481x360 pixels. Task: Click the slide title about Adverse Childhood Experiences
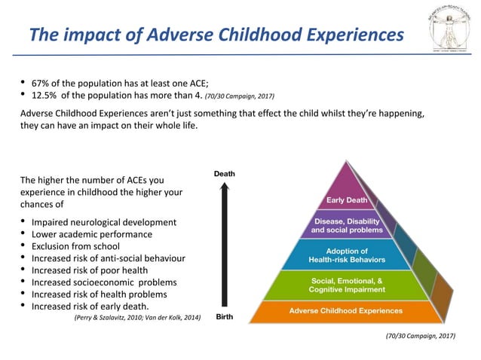pyautogui.click(x=215, y=35)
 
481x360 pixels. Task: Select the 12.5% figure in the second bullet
pyautogui.click(x=44, y=96)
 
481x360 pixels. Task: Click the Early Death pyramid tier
pyautogui.click(x=347, y=200)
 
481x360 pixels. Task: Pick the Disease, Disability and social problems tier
pyautogui.click(x=347, y=225)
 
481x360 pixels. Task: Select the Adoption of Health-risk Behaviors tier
pyautogui.click(x=347, y=255)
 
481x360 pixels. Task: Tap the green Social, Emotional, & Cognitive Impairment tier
pyautogui.click(x=347, y=285)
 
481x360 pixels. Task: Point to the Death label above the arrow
pyautogui.click(x=224, y=174)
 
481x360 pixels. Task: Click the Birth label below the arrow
pyautogui.click(x=224, y=317)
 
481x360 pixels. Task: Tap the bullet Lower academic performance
pyautogui.click(x=91, y=234)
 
